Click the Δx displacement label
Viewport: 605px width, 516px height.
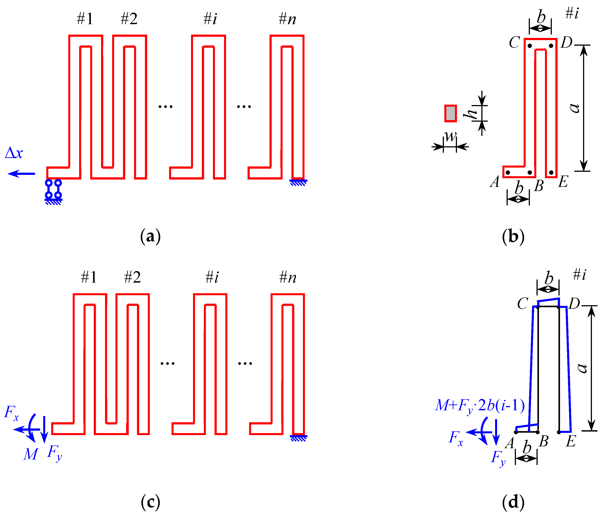tap(14, 153)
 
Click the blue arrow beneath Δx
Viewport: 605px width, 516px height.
tap(21, 174)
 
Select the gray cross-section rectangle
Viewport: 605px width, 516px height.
tap(451, 113)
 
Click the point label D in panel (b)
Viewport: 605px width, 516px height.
tap(567, 43)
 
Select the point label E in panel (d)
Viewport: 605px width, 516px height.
tap(571, 441)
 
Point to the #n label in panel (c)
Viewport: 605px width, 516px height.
tap(288, 277)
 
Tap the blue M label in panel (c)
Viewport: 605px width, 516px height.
tap(30, 454)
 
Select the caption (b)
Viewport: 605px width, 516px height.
tap(513, 236)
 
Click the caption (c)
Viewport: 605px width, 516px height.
tap(150, 502)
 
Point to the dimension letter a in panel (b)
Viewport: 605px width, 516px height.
tap(574, 108)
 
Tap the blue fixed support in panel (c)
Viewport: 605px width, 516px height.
tap(299, 438)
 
